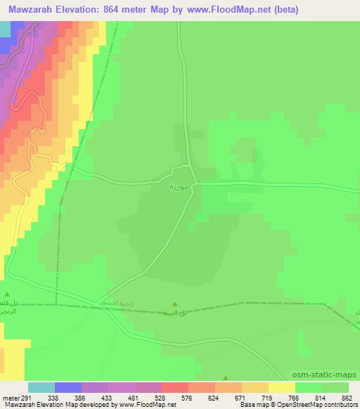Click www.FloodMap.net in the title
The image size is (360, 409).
(224, 9)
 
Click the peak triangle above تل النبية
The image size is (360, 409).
(175, 304)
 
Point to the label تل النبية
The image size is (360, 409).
(175, 313)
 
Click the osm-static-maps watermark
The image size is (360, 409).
(325, 376)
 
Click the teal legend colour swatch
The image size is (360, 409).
(41, 387)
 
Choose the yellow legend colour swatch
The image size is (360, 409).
(281, 387)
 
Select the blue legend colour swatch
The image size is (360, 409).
(67, 387)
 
